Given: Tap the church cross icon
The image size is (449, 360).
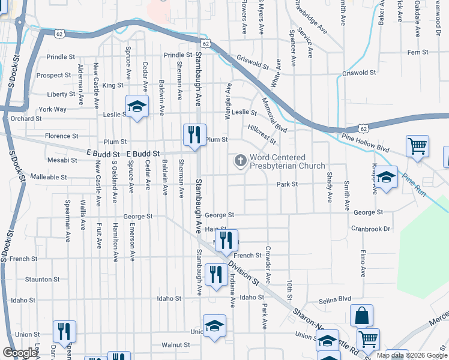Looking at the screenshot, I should pyautogui.click(x=240, y=160).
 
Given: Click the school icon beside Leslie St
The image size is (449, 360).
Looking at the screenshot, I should pyautogui.click(x=137, y=106).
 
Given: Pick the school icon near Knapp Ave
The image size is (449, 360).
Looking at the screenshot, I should pyautogui.click(x=387, y=176).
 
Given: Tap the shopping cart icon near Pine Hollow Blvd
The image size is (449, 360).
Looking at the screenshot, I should pyautogui.click(x=417, y=145).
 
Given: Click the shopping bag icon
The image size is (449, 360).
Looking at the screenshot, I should pyautogui.click(x=361, y=316).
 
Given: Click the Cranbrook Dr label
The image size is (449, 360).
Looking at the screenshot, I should pyautogui.click(x=370, y=229).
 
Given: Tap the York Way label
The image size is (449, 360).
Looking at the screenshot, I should pyautogui.click(x=52, y=109).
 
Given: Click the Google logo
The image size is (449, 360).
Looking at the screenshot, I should pyautogui.click(x=20, y=353).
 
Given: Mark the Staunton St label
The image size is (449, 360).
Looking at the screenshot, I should pyautogui.click(x=42, y=279).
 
